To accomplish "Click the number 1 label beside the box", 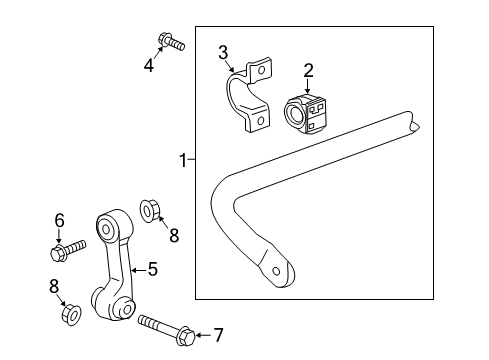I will pyautogui.click(x=182, y=159).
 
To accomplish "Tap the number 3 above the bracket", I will pyautogui.click(x=223, y=52).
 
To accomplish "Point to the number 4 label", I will pyautogui.click(x=148, y=67).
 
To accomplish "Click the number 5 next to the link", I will pyautogui.click(x=152, y=268).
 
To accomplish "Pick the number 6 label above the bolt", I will pyautogui.click(x=59, y=219).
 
